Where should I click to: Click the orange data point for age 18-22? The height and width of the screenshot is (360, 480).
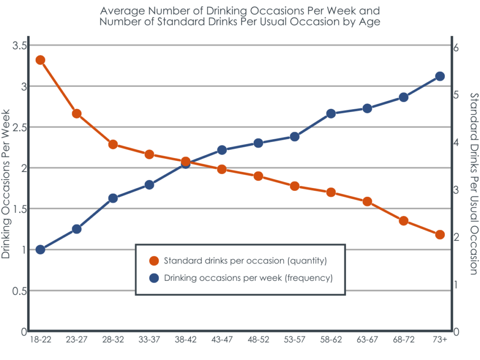click(x=40, y=60)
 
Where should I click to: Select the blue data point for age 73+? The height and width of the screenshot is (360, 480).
click(x=440, y=76)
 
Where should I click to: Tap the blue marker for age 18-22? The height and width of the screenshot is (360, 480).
click(x=40, y=249)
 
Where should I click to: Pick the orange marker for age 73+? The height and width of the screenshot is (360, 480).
click(x=440, y=234)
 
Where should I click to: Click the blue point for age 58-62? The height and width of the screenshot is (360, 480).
click(x=331, y=113)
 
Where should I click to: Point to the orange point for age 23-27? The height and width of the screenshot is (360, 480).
click(x=77, y=113)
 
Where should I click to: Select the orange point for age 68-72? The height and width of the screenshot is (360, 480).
click(x=404, y=221)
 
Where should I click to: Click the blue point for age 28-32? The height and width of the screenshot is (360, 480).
click(x=113, y=198)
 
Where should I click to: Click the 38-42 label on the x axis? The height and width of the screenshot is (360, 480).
click(x=185, y=340)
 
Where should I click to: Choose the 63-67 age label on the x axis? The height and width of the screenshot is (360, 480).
click(x=367, y=340)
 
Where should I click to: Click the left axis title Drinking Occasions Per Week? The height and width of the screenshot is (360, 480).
click(x=6, y=184)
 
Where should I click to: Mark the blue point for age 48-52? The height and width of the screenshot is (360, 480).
click(x=258, y=143)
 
